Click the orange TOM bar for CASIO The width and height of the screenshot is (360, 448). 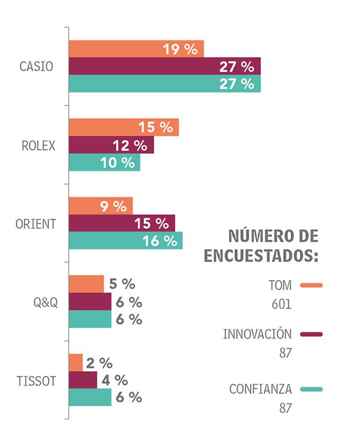tap(136, 49)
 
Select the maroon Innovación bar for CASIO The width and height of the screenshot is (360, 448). tap(164, 67)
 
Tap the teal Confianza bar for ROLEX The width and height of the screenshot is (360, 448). tap(104, 163)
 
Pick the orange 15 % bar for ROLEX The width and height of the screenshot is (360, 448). tap(124, 127)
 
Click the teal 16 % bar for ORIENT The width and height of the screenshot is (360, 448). tap(125, 241)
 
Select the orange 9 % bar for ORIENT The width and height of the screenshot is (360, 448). tap(100, 206)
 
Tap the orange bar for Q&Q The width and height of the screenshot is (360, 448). tap(86, 284)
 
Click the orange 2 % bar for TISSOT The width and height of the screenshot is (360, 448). tap(76, 363)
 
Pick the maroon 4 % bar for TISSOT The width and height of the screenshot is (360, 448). tap(83, 380)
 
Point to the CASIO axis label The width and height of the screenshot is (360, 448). tap(36, 67)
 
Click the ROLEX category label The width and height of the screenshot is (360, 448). tap(38, 145)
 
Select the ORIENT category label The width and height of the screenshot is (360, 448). tap(35, 224)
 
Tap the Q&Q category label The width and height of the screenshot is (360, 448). tap(46, 302)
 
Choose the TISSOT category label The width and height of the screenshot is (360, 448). tap(37, 381)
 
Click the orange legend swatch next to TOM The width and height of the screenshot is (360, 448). tap(311, 285)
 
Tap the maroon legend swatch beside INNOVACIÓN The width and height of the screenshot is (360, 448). tap(311, 334)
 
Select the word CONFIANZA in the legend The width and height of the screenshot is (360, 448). tap(260, 389)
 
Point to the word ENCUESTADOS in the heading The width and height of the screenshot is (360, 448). tap(261, 255)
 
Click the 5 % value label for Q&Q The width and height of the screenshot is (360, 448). tap(122, 284)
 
